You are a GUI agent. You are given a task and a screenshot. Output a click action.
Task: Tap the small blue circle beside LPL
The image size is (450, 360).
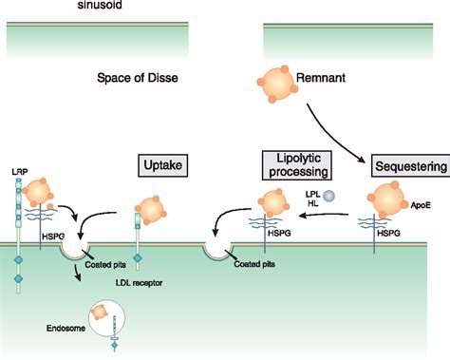tap(329, 196)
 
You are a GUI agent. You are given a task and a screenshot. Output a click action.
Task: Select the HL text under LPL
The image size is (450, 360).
tap(310, 204)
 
